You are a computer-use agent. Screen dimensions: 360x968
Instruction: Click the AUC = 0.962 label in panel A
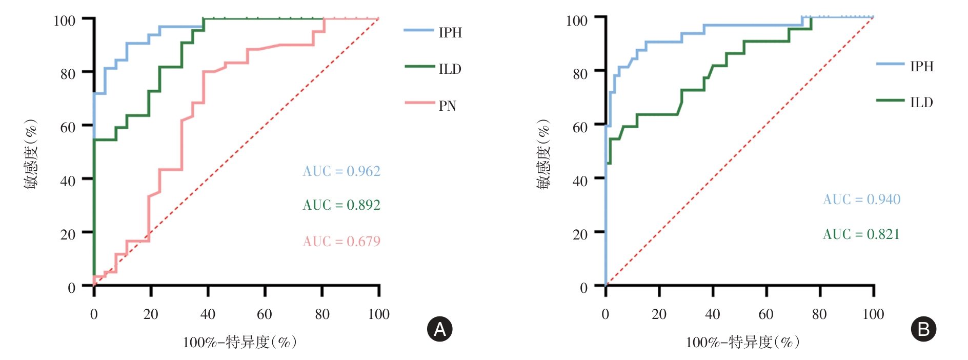[x=341, y=171]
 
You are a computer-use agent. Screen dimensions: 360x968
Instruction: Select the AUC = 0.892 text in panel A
[x=341, y=205]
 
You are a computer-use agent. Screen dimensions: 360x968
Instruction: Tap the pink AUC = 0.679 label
[x=341, y=241]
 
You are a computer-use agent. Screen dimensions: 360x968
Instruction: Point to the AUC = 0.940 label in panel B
[x=861, y=199]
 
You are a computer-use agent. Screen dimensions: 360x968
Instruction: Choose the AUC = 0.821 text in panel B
[x=861, y=234]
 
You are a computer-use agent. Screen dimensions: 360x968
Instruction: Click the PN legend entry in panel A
[x=447, y=106]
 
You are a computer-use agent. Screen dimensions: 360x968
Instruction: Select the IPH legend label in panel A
[x=450, y=32]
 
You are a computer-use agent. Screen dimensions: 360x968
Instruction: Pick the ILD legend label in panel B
[x=921, y=102]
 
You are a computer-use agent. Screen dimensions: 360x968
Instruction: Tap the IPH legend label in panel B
[x=922, y=66]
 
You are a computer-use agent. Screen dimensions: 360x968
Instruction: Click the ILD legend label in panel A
[x=450, y=69]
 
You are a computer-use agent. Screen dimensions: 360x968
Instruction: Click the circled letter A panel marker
[x=440, y=329]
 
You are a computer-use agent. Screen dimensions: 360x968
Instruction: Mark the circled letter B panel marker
[x=923, y=329]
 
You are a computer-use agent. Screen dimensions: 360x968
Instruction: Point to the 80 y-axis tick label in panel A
[x=68, y=74]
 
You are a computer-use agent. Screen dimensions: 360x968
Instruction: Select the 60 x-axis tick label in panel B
[x=766, y=314]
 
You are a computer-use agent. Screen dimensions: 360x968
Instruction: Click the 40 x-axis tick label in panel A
[x=208, y=314]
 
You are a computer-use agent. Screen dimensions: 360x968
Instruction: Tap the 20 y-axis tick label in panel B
[x=580, y=234]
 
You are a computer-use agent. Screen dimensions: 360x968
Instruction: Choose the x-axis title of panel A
[x=239, y=342]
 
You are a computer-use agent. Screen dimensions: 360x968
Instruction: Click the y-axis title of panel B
[x=543, y=154]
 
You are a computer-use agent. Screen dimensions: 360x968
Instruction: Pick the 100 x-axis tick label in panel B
[x=873, y=314]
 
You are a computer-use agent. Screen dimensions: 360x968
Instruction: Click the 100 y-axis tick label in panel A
[x=64, y=21]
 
